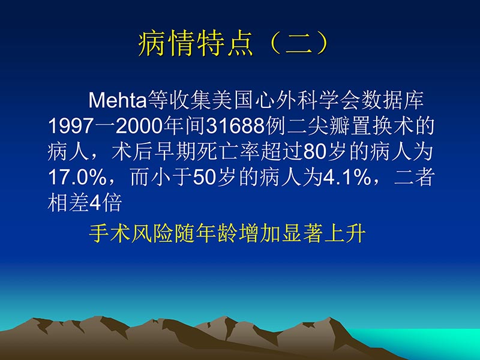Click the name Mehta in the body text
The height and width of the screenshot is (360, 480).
pos(114,100)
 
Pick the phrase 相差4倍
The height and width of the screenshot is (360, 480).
pos(85,204)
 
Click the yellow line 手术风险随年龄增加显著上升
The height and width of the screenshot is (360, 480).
pos(227,233)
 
